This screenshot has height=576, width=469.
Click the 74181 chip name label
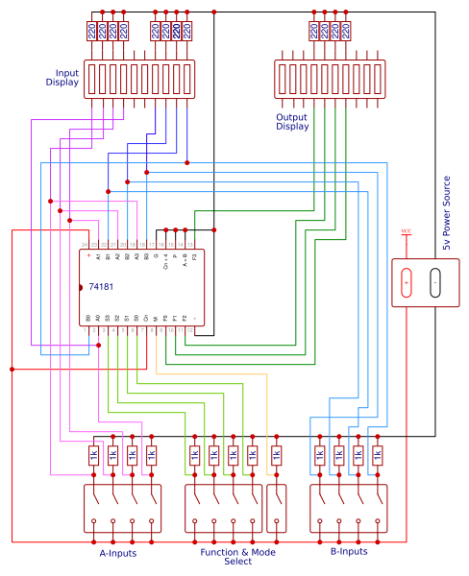(104, 287)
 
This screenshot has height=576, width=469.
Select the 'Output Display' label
(292, 122)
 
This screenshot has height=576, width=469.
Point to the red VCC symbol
(407, 231)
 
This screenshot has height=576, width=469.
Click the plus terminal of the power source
(407, 283)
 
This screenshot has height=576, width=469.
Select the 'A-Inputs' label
(117, 553)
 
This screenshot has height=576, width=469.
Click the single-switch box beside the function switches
(276, 507)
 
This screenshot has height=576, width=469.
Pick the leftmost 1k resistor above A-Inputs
(93, 456)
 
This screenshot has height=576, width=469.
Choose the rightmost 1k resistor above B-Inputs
(377, 456)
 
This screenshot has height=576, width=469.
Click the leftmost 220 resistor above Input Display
(92, 31)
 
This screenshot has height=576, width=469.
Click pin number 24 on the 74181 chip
(88, 245)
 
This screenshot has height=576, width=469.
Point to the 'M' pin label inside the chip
(156, 317)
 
